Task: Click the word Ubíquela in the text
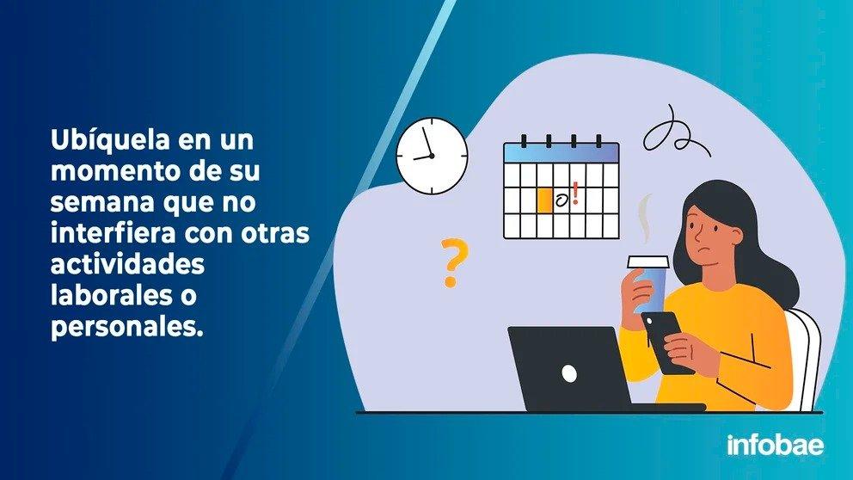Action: tap(110, 140)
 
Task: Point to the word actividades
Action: tap(128, 264)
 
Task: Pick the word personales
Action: tap(126, 328)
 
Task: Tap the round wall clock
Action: tap(432, 156)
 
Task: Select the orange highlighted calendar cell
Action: tap(544, 200)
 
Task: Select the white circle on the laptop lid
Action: tap(569, 373)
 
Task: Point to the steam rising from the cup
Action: tap(645, 218)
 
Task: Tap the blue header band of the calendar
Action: tap(562, 153)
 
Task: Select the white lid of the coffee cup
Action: tap(647, 262)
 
